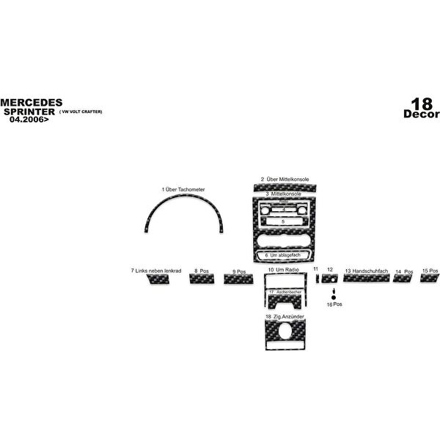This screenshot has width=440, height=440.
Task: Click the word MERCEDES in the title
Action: pyautogui.click(x=31, y=102)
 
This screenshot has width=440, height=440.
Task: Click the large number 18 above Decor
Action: pyautogui.click(x=422, y=104)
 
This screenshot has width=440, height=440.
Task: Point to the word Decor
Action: pyautogui.click(x=421, y=114)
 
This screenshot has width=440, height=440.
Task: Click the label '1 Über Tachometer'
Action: pyautogui.click(x=183, y=189)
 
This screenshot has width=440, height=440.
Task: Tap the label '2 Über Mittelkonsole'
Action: pyautogui.click(x=285, y=179)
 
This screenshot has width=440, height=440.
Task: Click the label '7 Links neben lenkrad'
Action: pyautogui.click(x=156, y=271)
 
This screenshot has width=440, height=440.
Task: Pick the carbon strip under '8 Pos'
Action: pyautogui.click(x=200, y=279)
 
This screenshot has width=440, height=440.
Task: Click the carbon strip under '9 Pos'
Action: pyautogui.click(x=238, y=279)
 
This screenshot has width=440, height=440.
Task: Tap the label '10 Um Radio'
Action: pyautogui.click(x=282, y=271)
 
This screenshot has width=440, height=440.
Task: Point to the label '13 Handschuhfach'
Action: pyautogui.click(x=367, y=271)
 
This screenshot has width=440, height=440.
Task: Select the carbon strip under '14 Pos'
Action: pyautogui.click(x=403, y=279)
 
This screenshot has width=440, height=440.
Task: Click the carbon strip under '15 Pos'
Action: pyautogui.click(x=429, y=278)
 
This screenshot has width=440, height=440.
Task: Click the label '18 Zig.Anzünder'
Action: pyautogui.click(x=285, y=316)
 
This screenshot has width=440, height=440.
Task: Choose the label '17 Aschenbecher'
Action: pyautogui.click(x=285, y=292)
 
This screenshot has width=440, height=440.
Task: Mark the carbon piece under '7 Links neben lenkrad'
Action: pyautogui.click(x=158, y=279)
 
